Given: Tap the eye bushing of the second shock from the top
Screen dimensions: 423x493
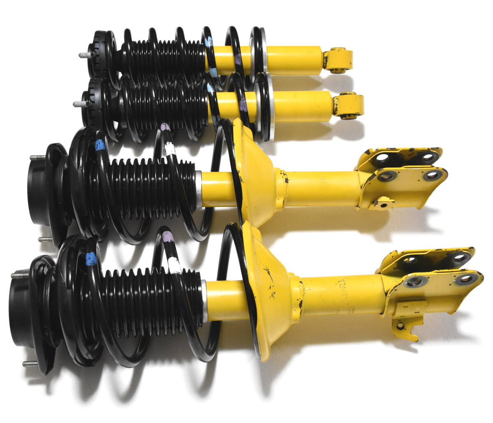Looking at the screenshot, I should pos(349,105).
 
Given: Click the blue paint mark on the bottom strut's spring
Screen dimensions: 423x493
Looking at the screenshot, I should pos(91,259).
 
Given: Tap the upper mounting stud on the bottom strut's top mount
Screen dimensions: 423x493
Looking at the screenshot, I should pos(19,273).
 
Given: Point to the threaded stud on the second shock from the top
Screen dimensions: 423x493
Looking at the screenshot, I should pos(77,104).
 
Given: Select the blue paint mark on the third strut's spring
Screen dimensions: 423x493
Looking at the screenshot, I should pos(99,146).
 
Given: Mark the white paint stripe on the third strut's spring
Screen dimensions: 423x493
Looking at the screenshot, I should pos(169,148).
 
